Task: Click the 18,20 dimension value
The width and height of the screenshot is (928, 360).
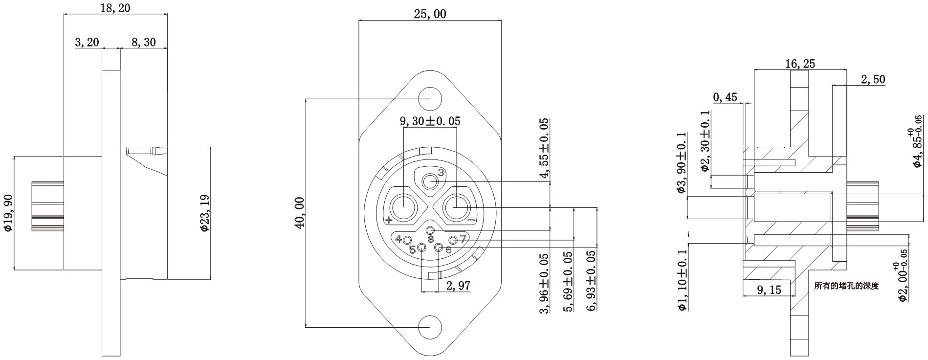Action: click(x=115, y=7)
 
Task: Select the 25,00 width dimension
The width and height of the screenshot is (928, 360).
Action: click(x=430, y=14)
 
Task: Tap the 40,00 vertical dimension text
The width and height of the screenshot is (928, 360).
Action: click(x=299, y=212)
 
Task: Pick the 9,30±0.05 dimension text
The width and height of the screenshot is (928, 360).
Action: click(x=430, y=121)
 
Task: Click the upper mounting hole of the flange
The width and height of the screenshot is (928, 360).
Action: click(x=430, y=98)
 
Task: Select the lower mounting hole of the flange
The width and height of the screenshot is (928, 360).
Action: click(x=430, y=327)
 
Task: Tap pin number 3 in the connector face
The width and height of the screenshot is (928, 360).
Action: click(x=430, y=182)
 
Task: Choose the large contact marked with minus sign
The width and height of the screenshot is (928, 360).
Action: click(x=456, y=207)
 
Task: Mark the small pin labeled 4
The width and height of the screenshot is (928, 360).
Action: click(x=407, y=239)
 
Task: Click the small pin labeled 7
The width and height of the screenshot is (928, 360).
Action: click(x=453, y=240)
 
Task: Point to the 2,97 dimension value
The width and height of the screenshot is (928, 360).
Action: click(x=458, y=286)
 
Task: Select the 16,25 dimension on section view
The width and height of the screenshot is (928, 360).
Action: click(x=800, y=64)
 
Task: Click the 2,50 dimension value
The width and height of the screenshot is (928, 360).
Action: click(x=873, y=79)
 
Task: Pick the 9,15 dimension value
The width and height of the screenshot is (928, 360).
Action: click(x=769, y=290)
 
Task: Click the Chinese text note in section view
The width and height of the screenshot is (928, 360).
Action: click(x=846, y=286)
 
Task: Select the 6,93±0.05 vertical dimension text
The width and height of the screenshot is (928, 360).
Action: click(x=592, y=281)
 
